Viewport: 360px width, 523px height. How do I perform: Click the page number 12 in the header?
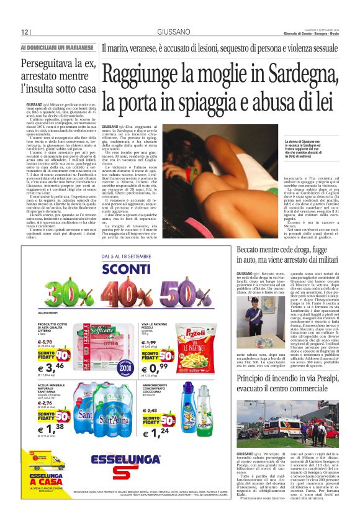[x=24, y=32]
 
